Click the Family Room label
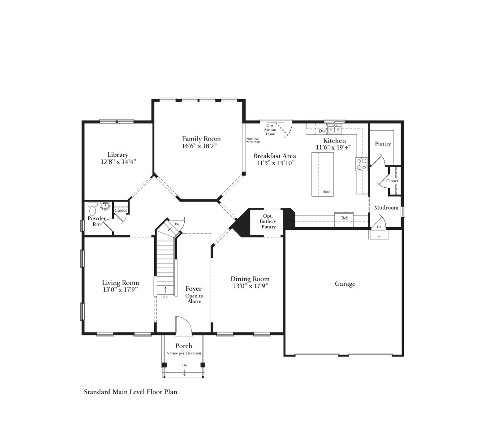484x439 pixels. coord(201,139)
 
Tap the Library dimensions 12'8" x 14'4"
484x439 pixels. coord(118,162)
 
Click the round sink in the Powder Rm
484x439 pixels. coord(105,206)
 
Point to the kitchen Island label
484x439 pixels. coord(326,192)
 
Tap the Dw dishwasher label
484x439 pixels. coord(322,131)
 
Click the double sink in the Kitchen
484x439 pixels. coord(335,129)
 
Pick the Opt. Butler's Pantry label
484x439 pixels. coord(268,221)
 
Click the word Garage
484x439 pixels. coord(345,284)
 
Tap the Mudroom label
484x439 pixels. coord(386,207)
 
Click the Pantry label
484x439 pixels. coord(383,144)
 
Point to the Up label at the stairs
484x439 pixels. coord(165,297)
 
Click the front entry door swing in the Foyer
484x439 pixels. coord(184,326)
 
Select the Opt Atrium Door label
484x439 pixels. coord(270,130)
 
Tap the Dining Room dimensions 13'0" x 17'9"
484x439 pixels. coord(251,286)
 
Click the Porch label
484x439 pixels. coord(184,346)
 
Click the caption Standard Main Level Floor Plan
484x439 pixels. coord(130,392)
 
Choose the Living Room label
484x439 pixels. coord(121,283)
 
